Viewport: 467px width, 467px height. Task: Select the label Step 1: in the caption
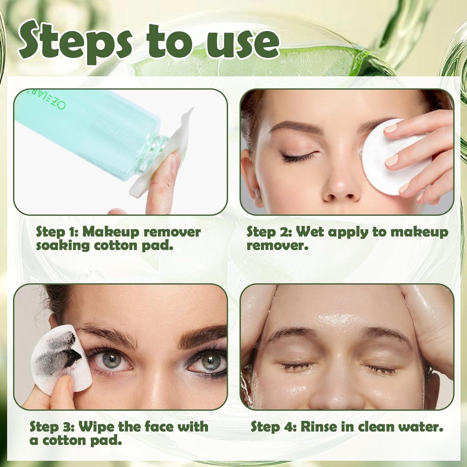56,232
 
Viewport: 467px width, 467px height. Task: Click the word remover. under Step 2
277,246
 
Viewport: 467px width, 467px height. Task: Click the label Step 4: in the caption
273,427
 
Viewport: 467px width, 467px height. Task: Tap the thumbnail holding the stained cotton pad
64,384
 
